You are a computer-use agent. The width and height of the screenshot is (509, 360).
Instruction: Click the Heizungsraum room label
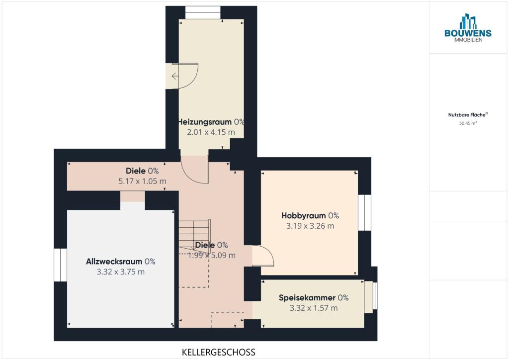[205, 122]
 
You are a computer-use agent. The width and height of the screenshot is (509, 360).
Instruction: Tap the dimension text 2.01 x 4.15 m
[211, 132]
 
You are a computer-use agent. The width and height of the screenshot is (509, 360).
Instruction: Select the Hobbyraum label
[304, 215]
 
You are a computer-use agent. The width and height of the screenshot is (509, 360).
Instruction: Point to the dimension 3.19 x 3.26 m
[310, 226]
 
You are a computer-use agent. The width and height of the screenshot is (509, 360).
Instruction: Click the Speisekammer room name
[307, 298]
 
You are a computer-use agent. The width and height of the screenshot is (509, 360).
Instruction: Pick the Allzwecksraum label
[114, 262]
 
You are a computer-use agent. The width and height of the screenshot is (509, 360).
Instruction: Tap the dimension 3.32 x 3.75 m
[120, 271]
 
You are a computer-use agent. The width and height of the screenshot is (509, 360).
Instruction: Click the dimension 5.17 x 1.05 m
[142, 181]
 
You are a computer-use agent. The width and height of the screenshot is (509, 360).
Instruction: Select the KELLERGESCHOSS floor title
[219, 352]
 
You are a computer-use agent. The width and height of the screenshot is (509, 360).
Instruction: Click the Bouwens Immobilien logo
[468, 28]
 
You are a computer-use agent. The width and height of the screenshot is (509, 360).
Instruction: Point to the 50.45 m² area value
[468, 123]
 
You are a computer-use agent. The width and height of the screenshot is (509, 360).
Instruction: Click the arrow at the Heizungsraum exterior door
[174, 76]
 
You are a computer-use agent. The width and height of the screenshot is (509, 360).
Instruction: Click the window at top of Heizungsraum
[203, 12]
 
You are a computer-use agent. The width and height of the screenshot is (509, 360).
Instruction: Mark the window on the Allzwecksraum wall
[60, 265]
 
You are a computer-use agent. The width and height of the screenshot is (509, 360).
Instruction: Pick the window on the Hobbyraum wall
[364, 213]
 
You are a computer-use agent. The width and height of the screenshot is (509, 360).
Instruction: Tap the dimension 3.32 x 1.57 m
[314, 308]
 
